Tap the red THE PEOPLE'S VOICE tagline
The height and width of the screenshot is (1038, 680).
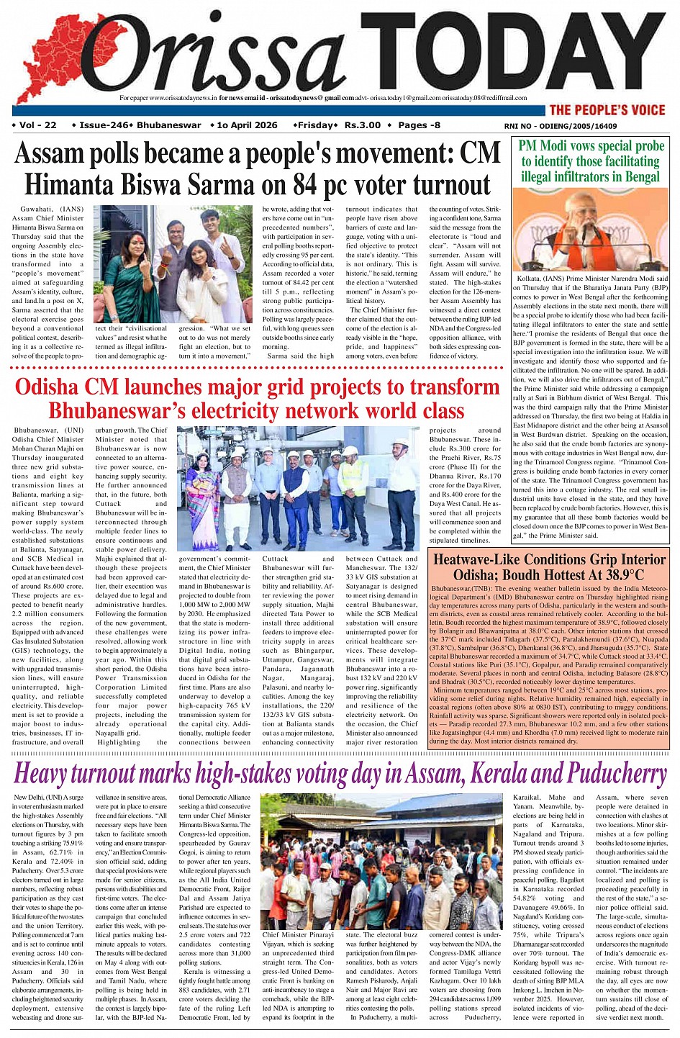point(607,110)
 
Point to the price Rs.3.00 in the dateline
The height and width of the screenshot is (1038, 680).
point(362,125)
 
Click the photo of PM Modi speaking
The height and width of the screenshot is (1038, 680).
point(590,230)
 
